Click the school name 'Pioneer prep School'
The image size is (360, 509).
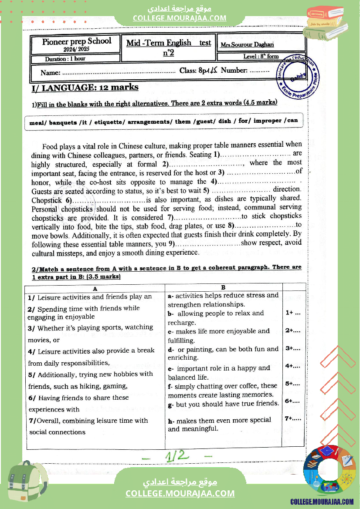(x=77, y=41)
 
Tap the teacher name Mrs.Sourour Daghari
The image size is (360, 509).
(x=247, y=44)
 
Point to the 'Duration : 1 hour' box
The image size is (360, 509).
(x=65, y=59)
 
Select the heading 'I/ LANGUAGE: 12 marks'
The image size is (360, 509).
(x=85, y=88)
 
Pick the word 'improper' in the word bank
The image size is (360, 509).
(x=267, y=121)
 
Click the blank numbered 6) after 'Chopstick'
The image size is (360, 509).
(x=109, y=200)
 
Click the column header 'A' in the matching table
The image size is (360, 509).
(x=95, y=288)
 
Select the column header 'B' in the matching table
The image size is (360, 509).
(x=223, y=287)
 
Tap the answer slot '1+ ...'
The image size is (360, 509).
(x=293, y=313)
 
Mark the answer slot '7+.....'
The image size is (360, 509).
(x=293, y=418)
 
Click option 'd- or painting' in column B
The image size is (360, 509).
(x=223, y=353)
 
